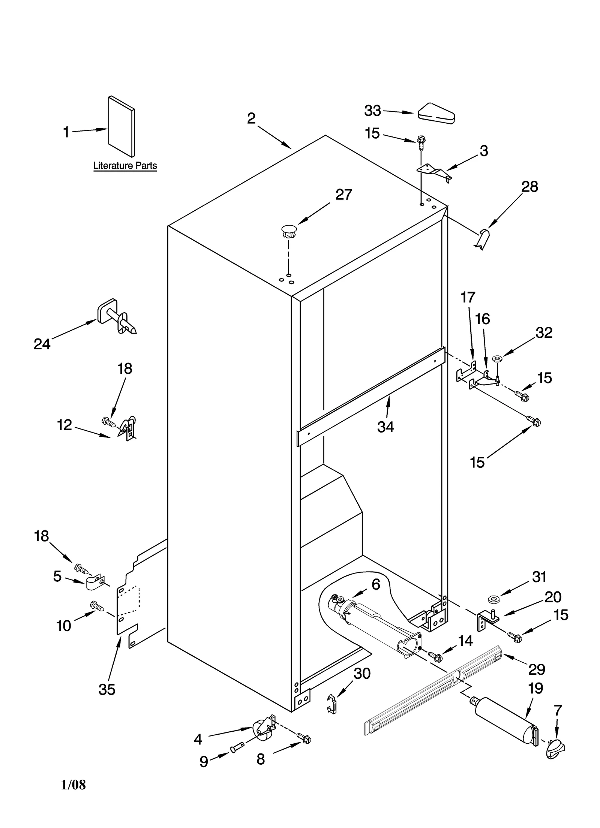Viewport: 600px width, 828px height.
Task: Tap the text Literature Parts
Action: (125, 166)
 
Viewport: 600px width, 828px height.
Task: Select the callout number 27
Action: (343, 195)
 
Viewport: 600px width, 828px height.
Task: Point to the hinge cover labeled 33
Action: (436, 113)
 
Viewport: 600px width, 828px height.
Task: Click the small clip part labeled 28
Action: (483, 239)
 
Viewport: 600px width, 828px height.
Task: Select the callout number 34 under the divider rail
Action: (385, 427)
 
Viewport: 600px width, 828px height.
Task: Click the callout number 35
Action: (107, 689)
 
